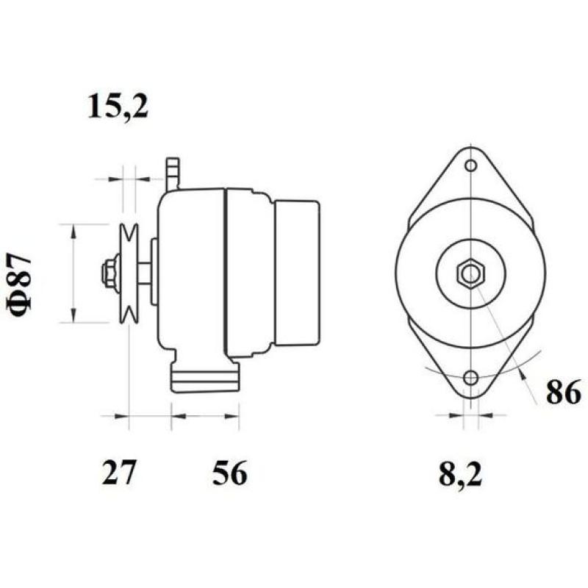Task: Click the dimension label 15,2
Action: [118, 107]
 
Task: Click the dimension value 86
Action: [564, 394]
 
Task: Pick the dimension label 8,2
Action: [460, 475]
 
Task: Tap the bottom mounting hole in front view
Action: [470, 379]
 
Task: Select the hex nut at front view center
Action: [470, 273]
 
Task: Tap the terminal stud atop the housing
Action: [173, 173]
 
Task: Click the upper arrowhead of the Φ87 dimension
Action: [73, 231]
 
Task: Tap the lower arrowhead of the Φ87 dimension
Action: [73, 317]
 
